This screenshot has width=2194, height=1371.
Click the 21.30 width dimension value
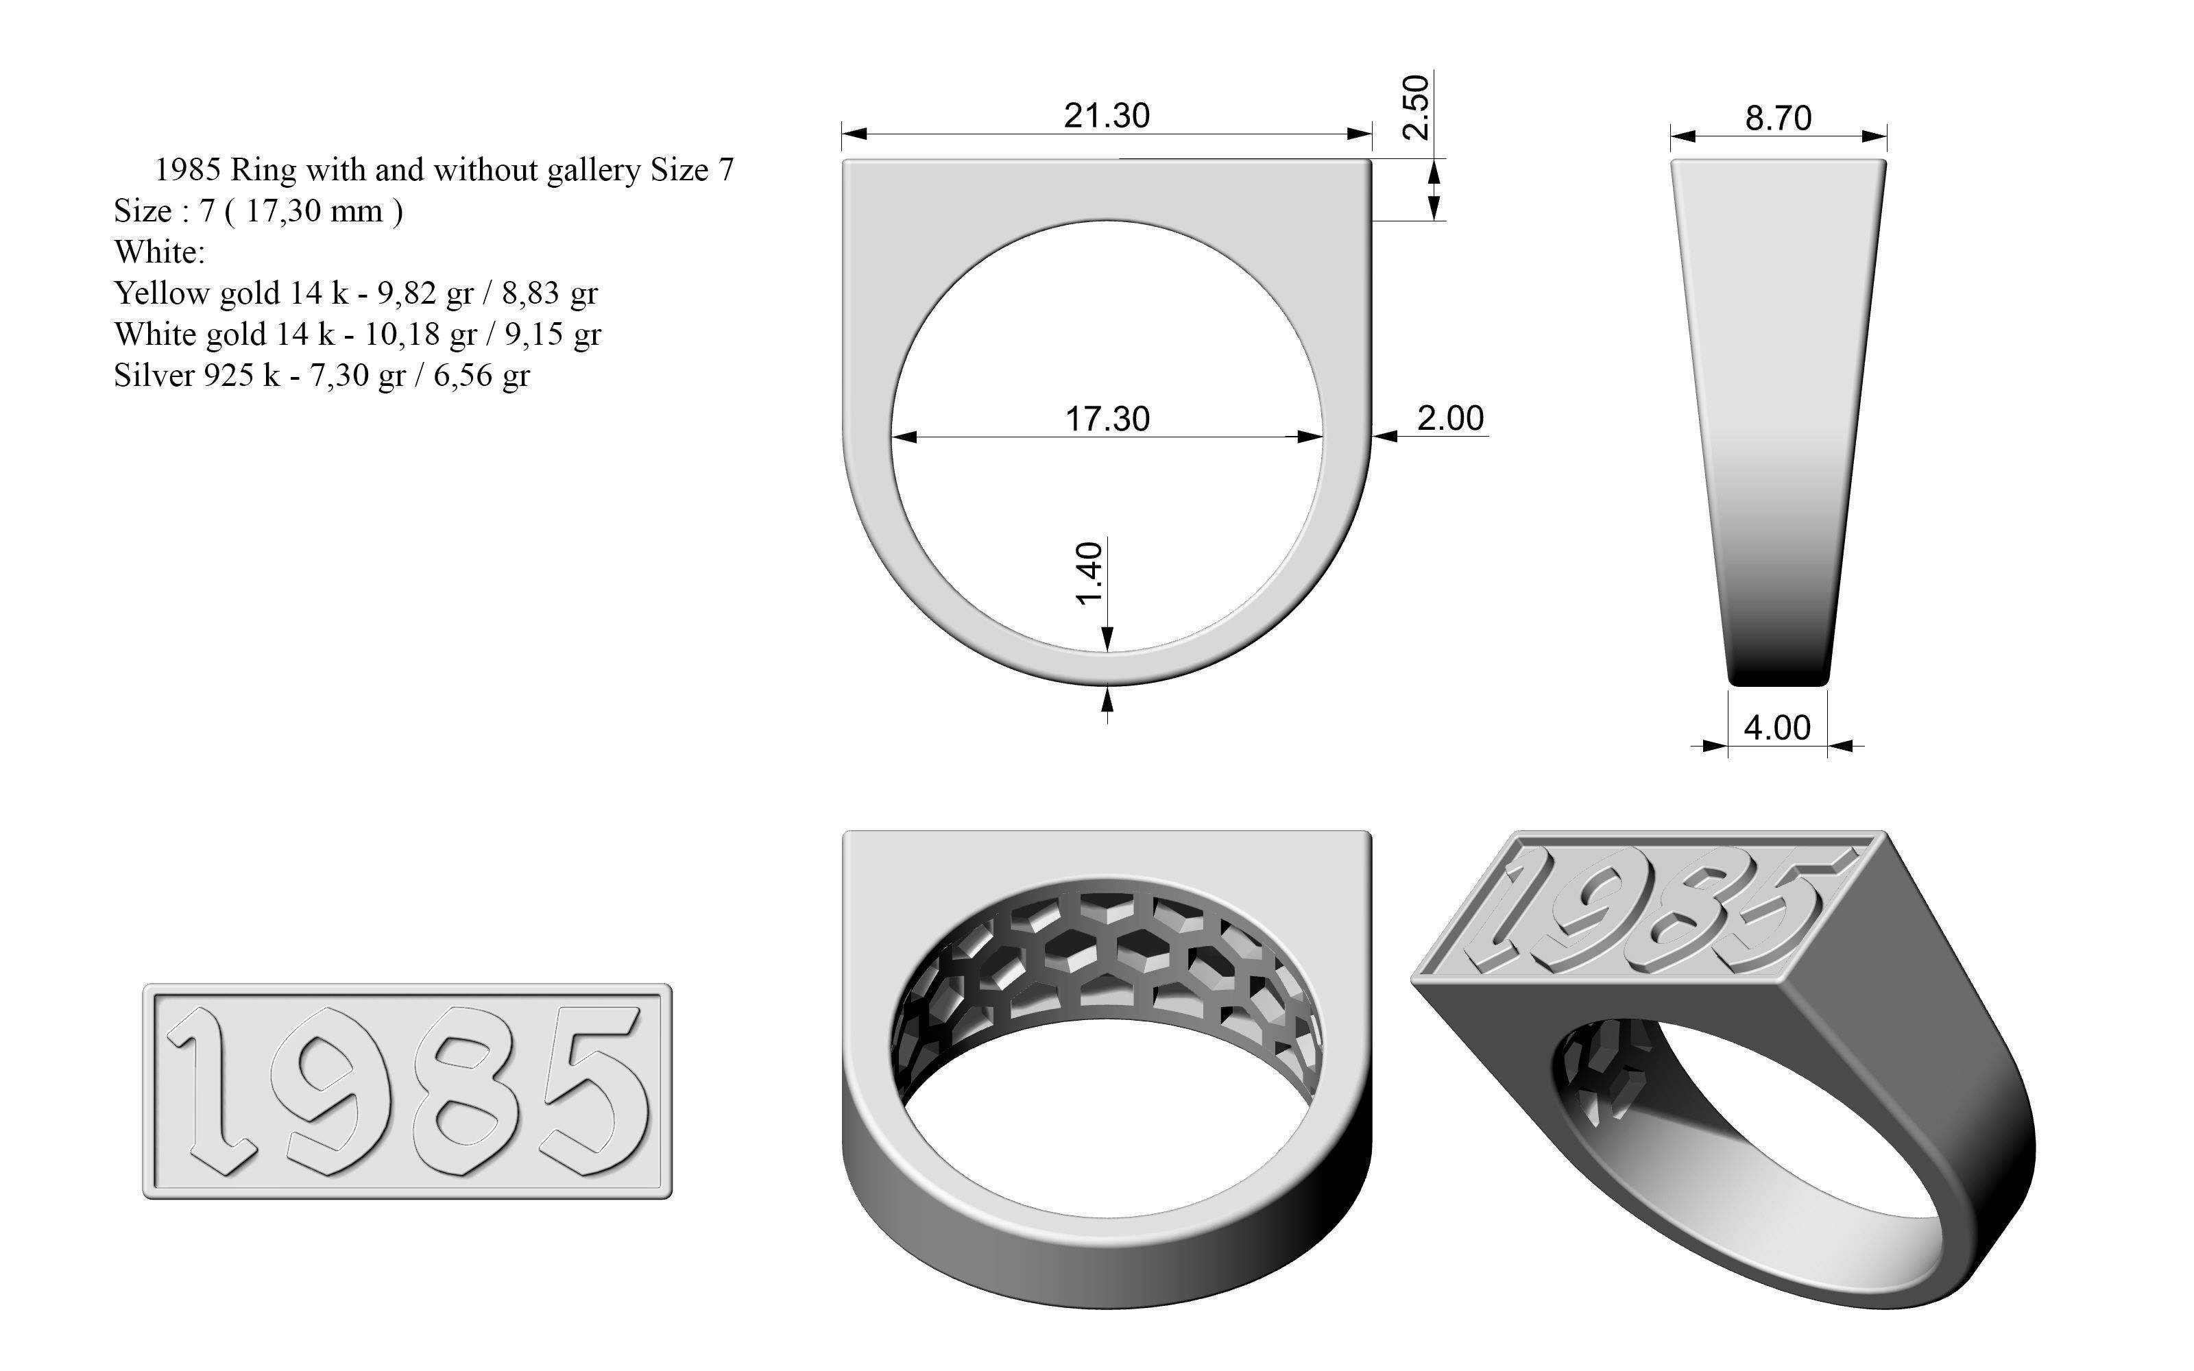click(x=1106, y=116)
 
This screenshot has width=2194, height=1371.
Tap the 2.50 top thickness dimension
click(x=1416, y=107)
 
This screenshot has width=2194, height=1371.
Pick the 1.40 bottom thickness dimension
click(x=1089, y=572)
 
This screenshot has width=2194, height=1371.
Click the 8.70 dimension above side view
click(x=1778, y=119)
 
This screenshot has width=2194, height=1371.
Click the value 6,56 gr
click(x=481, y=376)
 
